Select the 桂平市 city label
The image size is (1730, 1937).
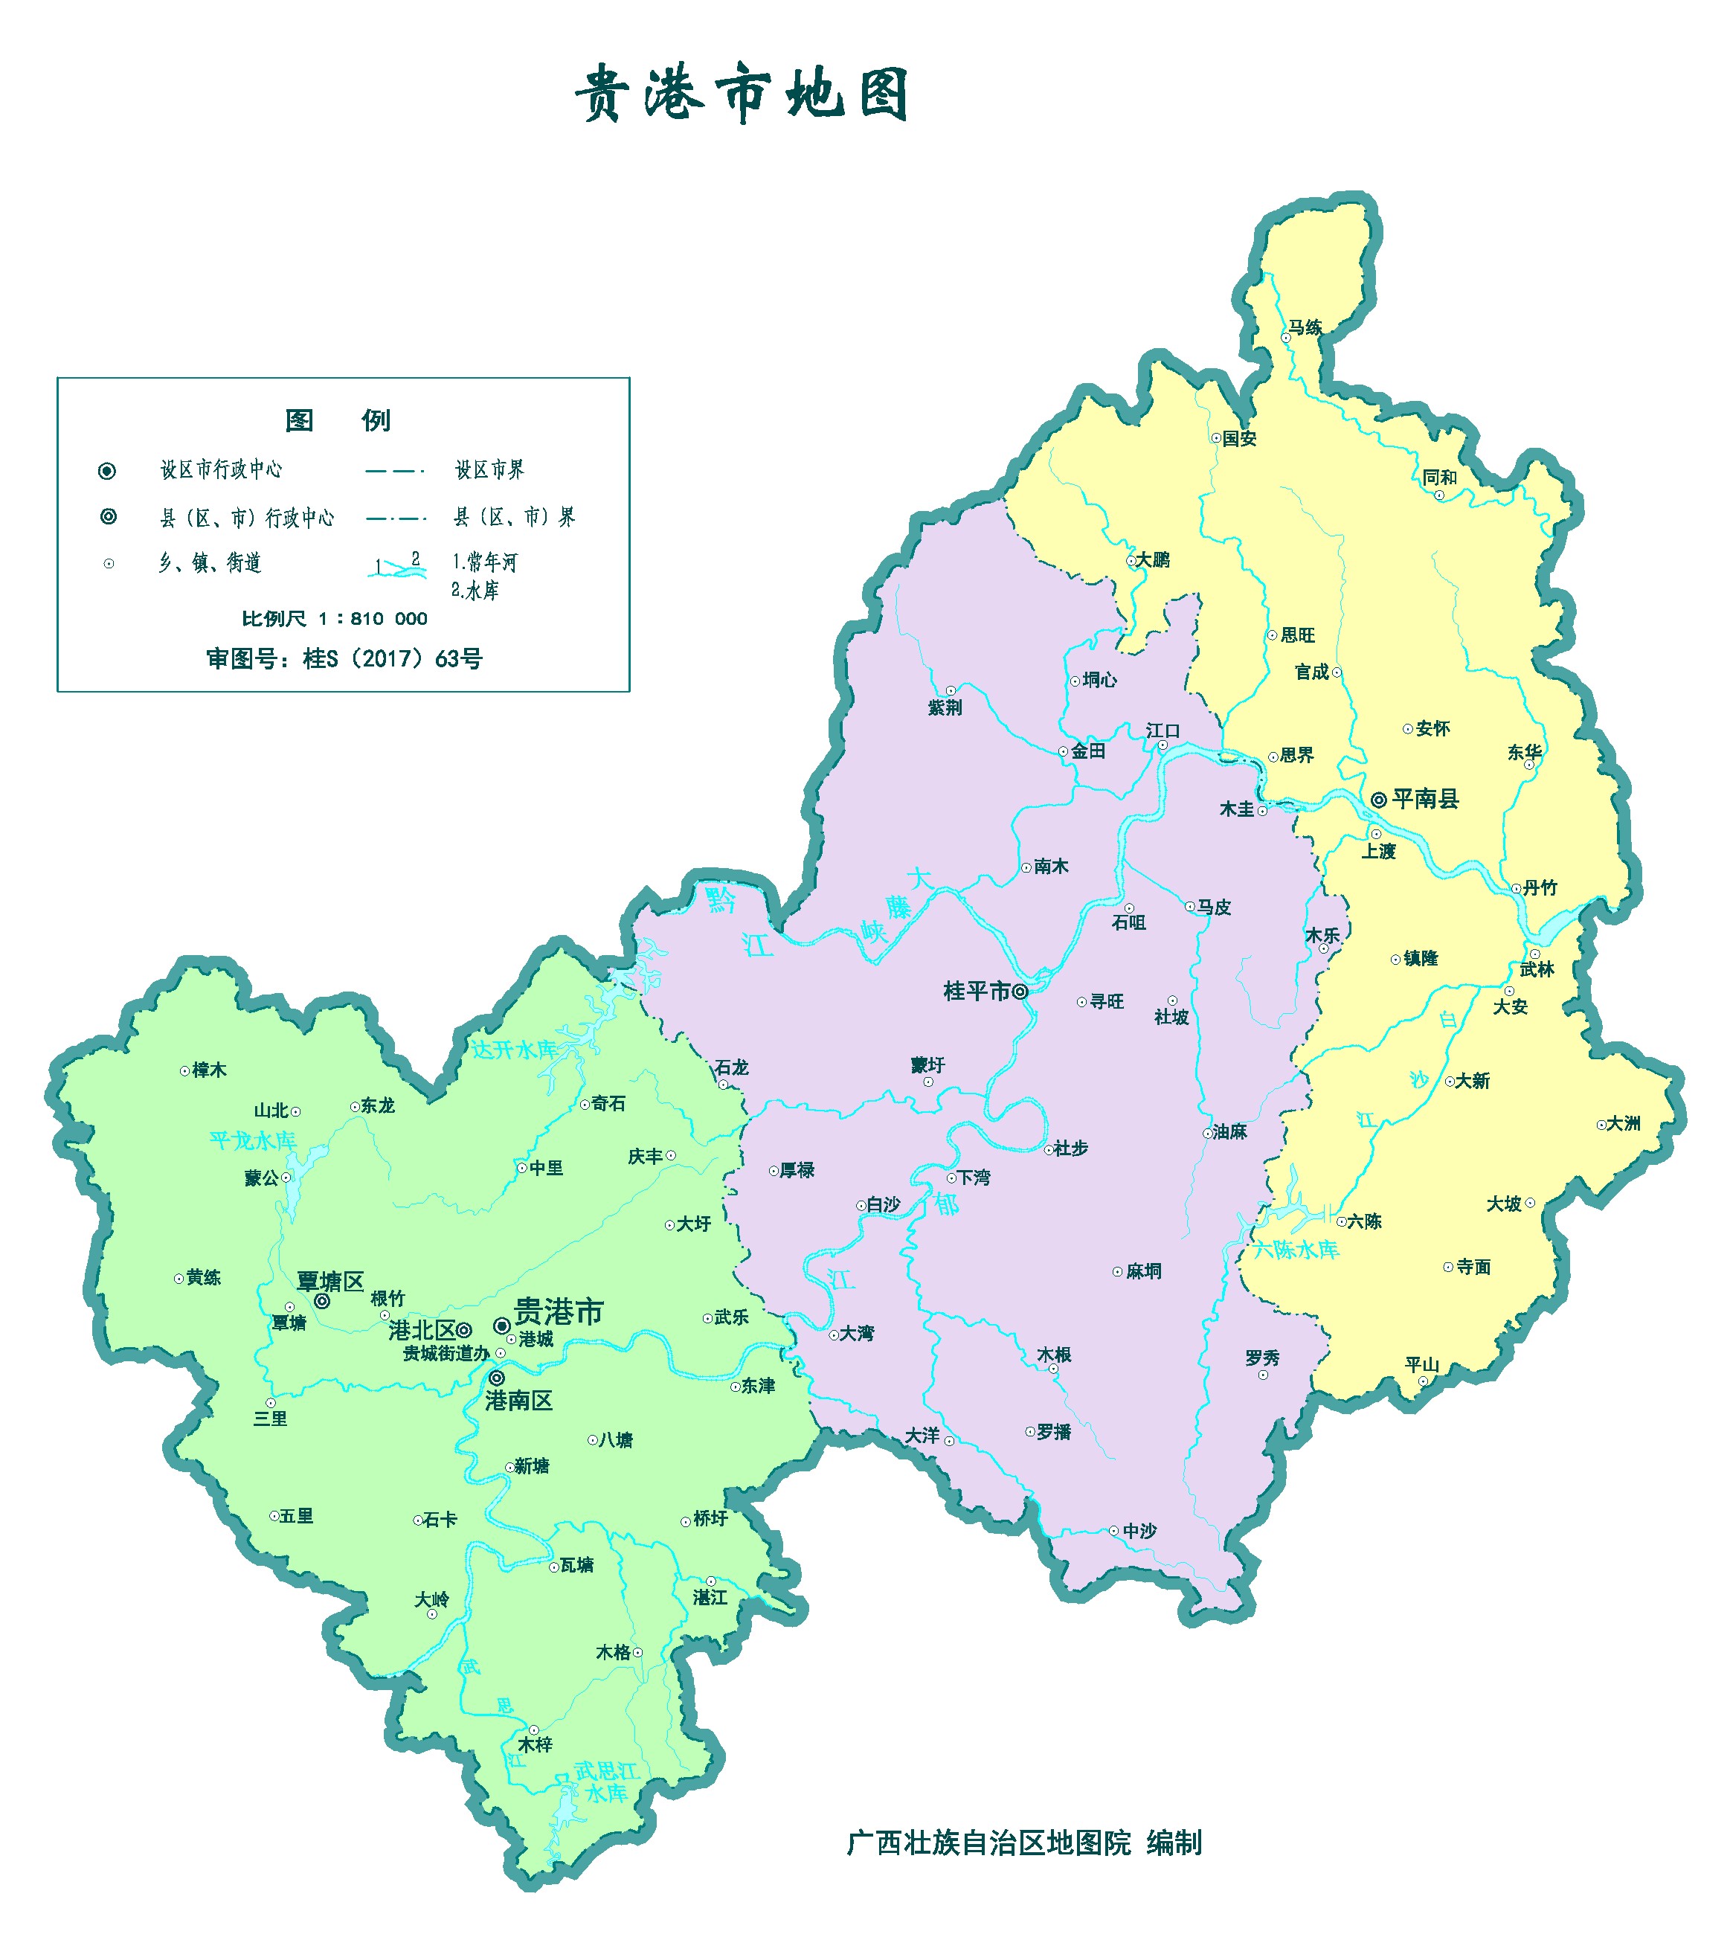[977, 992]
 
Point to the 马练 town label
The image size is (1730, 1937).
[1305, 328]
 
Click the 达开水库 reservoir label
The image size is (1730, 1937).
[514, 1050]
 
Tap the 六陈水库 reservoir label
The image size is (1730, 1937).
[1295, 1250]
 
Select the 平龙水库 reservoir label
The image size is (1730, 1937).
[252, 1140]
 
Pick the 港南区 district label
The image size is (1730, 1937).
[518, 1400]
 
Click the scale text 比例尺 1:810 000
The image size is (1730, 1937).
[335, 619]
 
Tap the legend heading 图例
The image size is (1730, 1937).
[338, 420]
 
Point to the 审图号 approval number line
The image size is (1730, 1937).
[344, 658]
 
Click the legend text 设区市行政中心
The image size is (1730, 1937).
[221, 469]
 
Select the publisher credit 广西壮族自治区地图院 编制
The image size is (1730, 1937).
[1023, 1843]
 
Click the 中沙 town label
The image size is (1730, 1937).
[1139, 1531]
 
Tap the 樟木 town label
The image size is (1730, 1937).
[209, 1070]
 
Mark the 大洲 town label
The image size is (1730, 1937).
[1624, 1123]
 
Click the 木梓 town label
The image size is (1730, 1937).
[536, 1745]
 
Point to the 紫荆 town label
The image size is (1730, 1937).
[945, 708]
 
